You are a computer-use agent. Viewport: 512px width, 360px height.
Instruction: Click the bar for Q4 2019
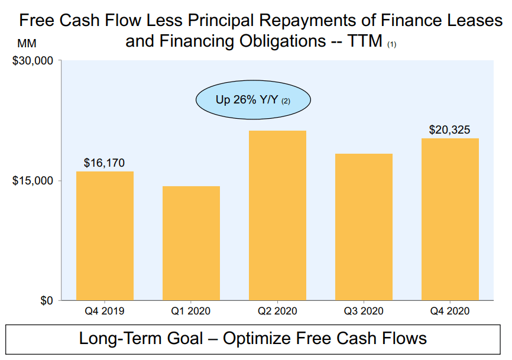pos(105,236)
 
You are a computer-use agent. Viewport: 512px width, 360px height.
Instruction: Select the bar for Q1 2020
pos(191,243)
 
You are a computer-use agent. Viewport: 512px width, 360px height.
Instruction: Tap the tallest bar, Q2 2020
pos(277,215)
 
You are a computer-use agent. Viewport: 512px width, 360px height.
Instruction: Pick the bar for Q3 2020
pos(364,227)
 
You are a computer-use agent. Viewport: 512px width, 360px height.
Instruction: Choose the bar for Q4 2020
pos(450,219)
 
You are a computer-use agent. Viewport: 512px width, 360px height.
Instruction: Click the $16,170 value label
pos(104,163)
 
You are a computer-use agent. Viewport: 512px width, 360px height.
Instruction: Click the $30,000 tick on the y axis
pos(33,60)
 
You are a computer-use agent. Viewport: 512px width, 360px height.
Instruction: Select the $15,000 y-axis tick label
pos(33,180)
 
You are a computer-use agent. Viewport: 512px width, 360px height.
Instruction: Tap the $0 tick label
pos(46,300)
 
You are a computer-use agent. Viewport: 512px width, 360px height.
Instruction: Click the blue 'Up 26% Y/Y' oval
pos(253,100)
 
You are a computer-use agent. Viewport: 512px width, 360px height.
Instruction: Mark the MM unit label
pos(27,44)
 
